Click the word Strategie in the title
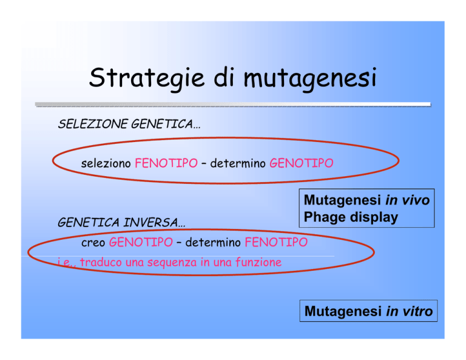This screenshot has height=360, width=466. tap(147, 78)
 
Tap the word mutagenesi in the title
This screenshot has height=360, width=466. tap(310, 78)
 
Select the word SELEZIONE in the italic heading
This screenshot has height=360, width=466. tap(93, 124)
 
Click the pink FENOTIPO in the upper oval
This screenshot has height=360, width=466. tap(166, 163)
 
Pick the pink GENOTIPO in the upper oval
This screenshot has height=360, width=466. tap(302, 163)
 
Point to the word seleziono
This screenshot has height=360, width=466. tap(106, 163)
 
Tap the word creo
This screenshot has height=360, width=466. tap(93, 243)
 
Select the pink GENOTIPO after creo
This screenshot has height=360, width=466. tap(141, 242)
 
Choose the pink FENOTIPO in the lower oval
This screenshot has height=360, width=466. tap(276, 242)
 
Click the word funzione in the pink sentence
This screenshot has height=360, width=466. tap(258, 262)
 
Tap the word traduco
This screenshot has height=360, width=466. tap(101, 262)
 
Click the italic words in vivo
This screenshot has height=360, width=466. tap(408, 200)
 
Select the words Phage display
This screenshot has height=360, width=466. tap(351, 217)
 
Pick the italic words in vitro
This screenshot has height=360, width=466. tap(409, 311)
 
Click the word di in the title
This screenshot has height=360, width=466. tap(225, 77)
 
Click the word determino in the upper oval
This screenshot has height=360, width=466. tap(238, 163)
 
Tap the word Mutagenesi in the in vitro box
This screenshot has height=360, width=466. tap(343, 312)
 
